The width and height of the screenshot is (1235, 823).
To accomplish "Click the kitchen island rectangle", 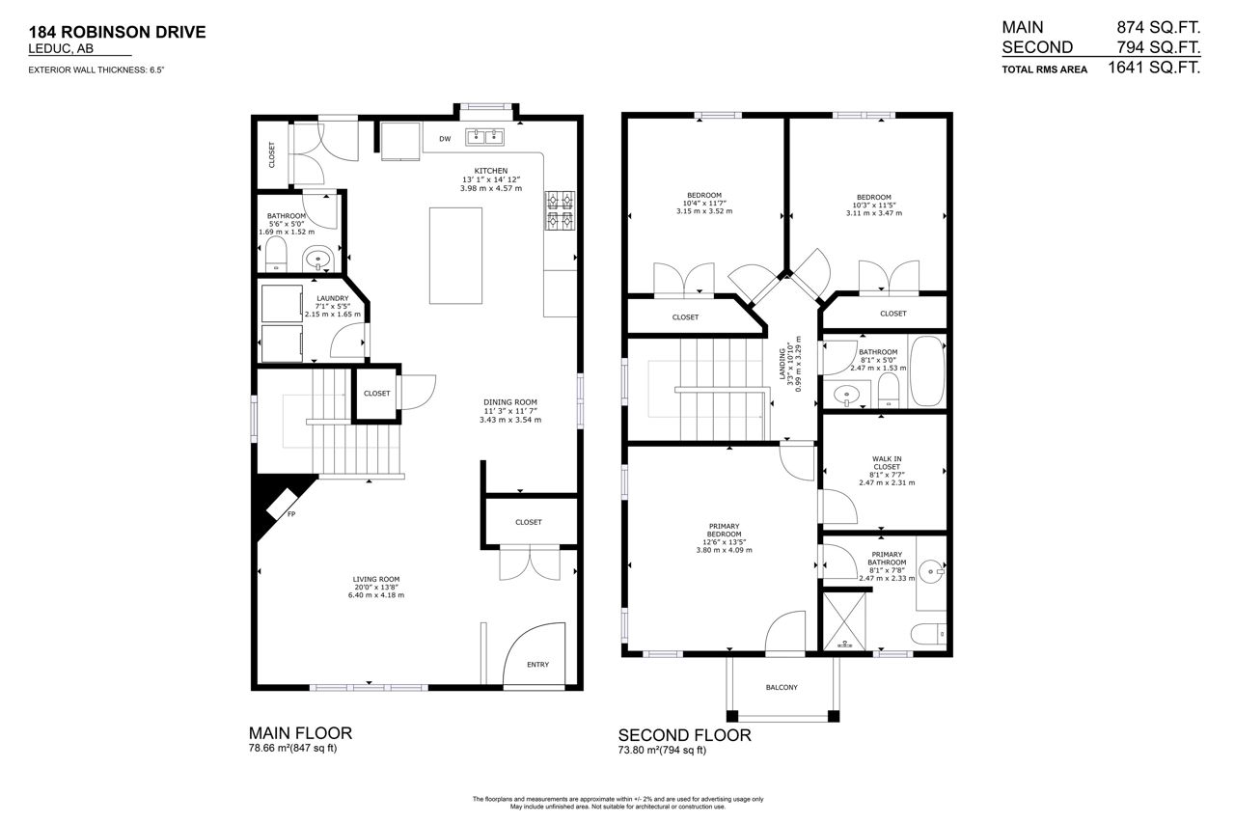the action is click(455, 256).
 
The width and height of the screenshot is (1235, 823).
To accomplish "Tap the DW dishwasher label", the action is click(445, 139).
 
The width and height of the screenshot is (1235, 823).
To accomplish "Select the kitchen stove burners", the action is click(561, 210).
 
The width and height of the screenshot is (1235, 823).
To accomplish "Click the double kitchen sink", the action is click(484, 137).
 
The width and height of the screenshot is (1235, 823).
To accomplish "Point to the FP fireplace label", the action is click(291, 514).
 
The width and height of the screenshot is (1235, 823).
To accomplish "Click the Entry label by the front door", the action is click(537, 665).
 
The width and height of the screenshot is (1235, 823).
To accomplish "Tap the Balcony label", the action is click(782, 687).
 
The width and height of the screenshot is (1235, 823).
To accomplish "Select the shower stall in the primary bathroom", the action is click(844, 621).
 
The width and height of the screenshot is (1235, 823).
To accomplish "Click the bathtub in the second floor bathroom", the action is click(927, 371).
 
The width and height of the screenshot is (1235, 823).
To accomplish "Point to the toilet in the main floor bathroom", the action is click(276, 254).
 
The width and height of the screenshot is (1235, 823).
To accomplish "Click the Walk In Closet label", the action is click(887, 462).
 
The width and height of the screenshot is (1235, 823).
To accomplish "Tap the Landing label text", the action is click(782, 364).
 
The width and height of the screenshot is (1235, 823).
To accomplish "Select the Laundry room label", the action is click(333, 298).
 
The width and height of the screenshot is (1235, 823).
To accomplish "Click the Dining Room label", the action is click(510, 402).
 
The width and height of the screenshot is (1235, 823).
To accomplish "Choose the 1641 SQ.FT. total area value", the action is click(1154, 68).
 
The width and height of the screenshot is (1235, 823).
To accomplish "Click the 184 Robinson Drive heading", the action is click(117, 32).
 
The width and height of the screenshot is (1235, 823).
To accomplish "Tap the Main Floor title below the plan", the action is click(300, 733).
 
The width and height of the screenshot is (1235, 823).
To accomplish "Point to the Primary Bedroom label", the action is click(724, 531).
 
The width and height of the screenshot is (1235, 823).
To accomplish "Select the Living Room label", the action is click(376, 579).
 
